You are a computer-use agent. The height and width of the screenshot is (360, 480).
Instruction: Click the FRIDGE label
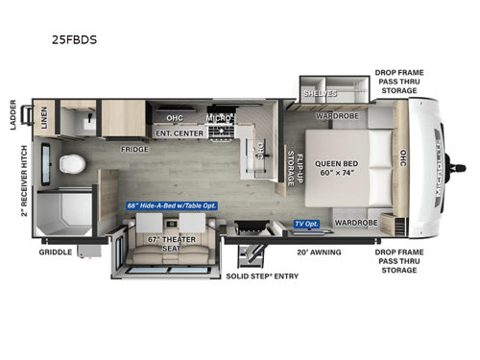[133, 150]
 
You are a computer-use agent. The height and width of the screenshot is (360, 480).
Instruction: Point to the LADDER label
[13, 113]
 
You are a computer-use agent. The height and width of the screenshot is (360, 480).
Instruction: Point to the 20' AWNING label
[318, 252]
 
